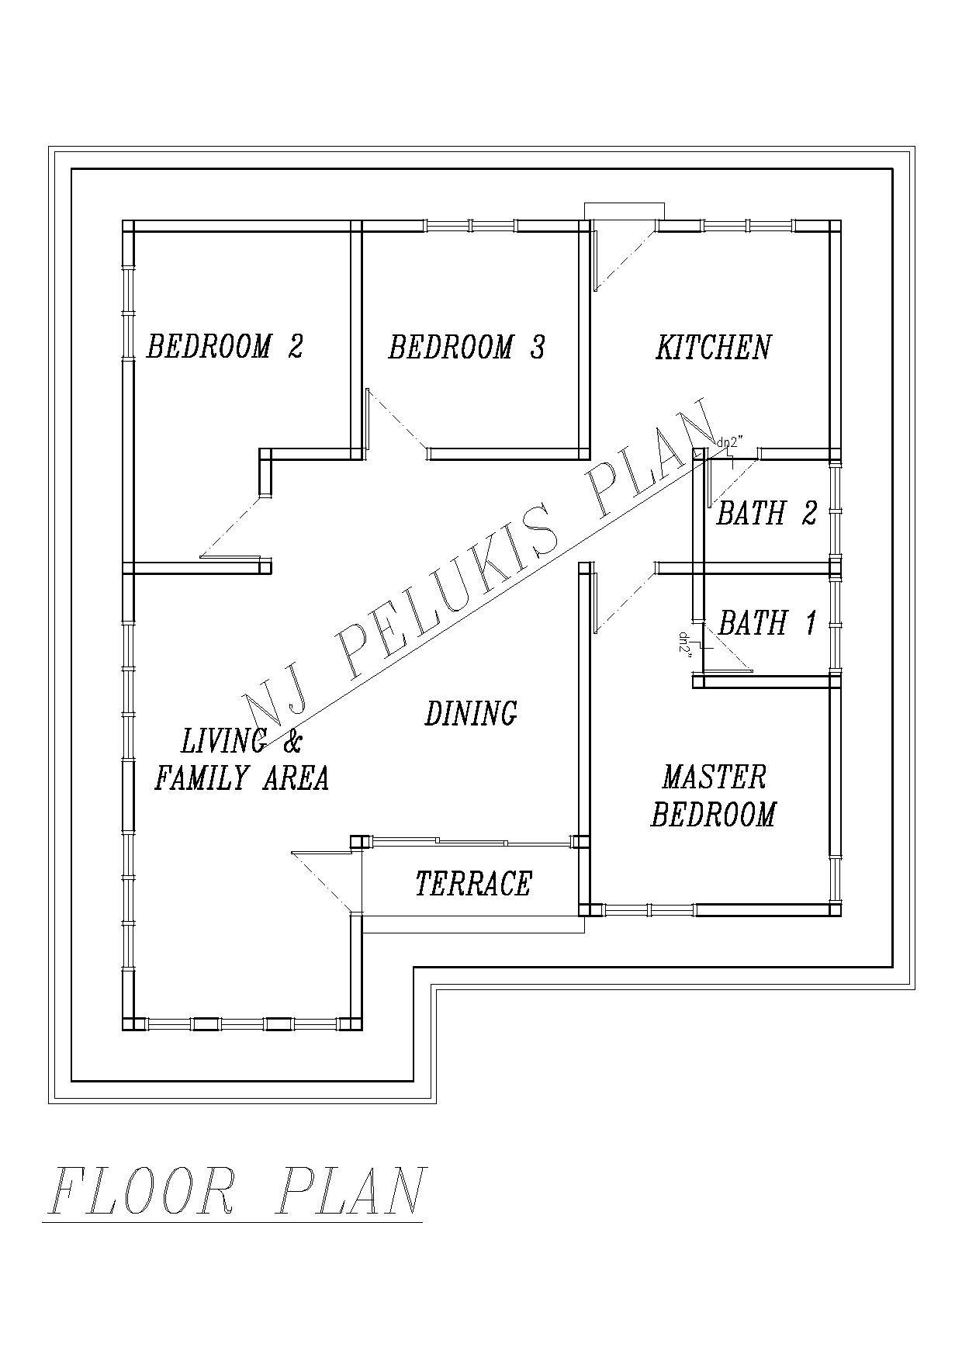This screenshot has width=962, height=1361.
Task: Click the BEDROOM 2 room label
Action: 224,346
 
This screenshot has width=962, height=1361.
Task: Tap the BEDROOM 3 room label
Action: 466,347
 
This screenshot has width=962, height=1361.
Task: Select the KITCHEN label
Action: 714,347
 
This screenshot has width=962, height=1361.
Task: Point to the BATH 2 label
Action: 766,513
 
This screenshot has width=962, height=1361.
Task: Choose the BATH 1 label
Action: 767,622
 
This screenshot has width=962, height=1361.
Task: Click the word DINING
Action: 471,713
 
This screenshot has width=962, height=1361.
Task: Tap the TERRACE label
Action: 473,884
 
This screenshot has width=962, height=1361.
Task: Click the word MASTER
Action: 714,777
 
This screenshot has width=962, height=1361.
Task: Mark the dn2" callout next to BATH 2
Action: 730,442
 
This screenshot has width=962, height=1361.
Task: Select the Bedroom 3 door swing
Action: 396,420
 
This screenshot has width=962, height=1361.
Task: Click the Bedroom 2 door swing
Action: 230,528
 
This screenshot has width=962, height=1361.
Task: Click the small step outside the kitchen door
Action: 625,211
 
